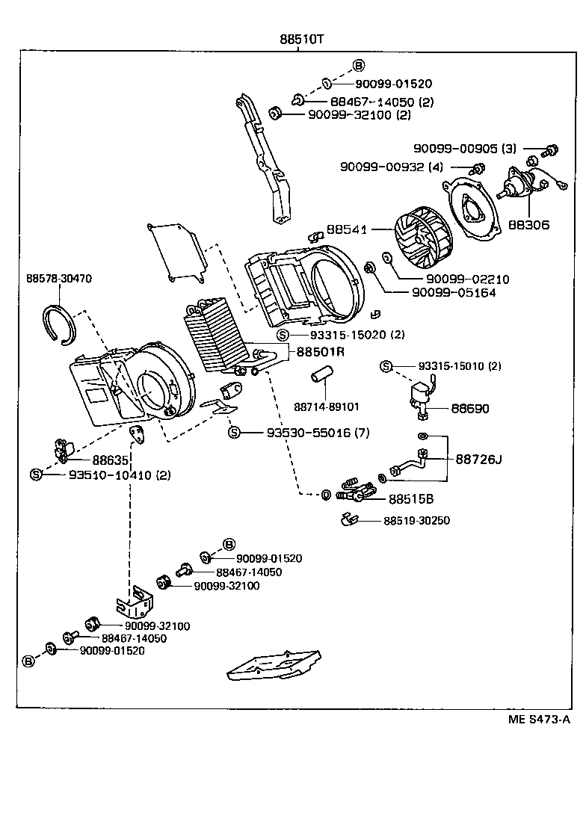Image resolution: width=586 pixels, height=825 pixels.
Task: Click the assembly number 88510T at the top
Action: (302, 40)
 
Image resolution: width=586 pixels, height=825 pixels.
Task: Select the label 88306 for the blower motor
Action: (528, 223)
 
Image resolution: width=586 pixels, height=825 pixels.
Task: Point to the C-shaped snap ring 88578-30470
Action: (59, 324)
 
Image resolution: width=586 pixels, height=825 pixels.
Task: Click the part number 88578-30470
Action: (59, 278)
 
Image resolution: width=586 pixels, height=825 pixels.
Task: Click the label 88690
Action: (469, 409)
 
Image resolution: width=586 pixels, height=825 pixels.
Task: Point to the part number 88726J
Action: (478, 459)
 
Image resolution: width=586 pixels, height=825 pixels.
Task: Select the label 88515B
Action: (411, 498)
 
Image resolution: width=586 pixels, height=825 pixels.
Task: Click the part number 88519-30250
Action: (417, 521)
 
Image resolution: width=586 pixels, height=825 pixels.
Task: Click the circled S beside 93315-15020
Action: (283, 335)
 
